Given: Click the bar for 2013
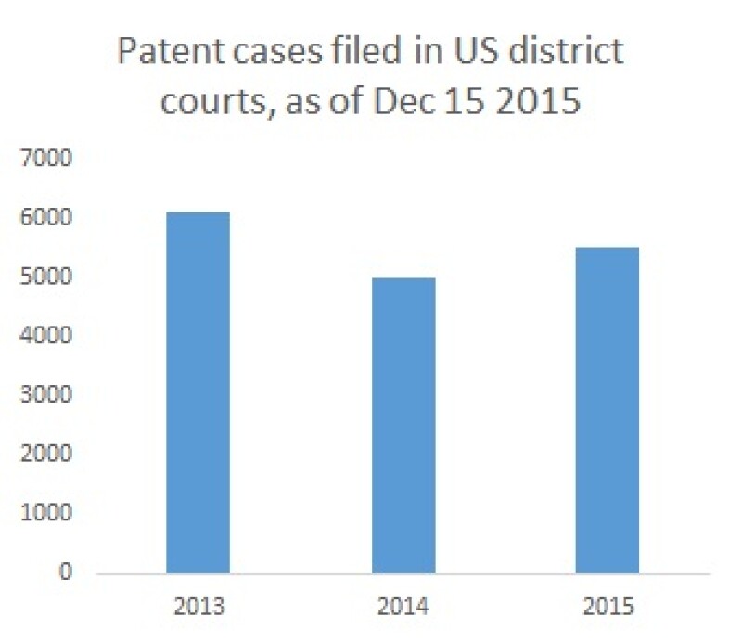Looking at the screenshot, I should click(198, 392).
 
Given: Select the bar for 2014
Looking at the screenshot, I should click(403, 425).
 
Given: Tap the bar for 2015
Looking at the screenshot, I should click(608, 409).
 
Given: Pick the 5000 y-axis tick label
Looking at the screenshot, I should click(46, 277).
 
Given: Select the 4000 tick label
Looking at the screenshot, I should click(46, 336).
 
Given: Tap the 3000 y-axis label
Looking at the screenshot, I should click(46, 395).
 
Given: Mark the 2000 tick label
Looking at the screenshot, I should click(46, 454).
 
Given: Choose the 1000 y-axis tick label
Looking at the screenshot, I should click(46, 513).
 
